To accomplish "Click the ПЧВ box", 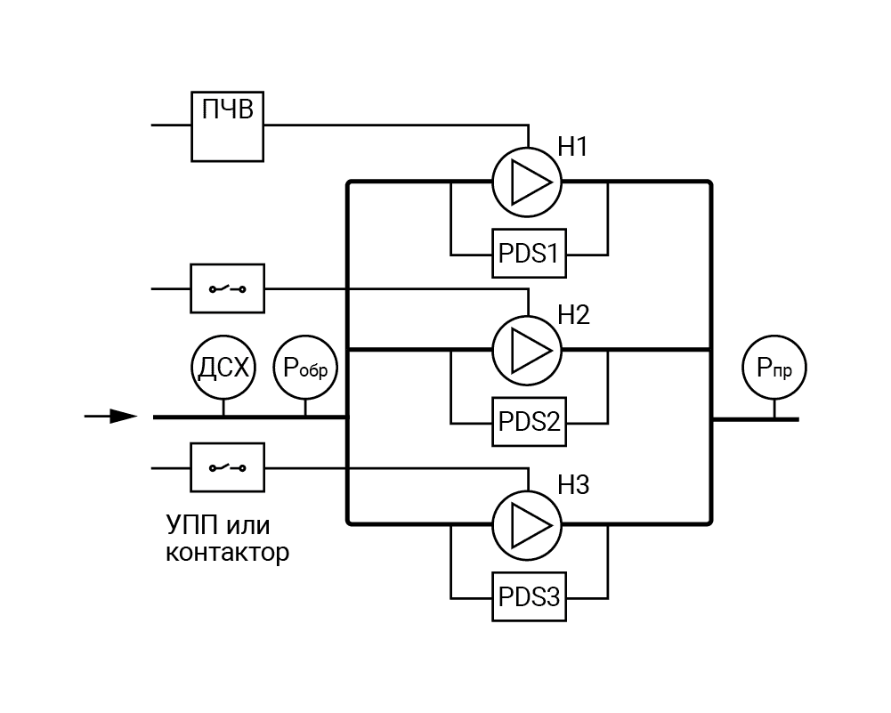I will click(228, 126).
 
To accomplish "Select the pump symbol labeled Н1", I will click(527, 182).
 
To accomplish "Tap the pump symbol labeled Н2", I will click(527, 350).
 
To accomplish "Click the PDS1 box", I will click(529, 254).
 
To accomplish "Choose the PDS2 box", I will click(529, 421).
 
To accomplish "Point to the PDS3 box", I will click(529, 596).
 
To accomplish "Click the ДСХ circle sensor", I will click(223, 367).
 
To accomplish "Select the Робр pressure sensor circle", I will click(306, 367).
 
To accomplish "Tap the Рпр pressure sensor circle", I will click(774, 367).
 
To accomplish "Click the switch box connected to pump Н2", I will click(228, 288).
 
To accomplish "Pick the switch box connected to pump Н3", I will click(228, 466).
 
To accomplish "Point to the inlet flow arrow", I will click(112, 416).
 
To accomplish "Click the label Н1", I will click(574, 146).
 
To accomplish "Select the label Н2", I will click(574, 314).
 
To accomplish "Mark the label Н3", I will click(574, 486).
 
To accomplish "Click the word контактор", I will click(228, 553).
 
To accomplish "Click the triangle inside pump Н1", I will click(531, 182).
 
